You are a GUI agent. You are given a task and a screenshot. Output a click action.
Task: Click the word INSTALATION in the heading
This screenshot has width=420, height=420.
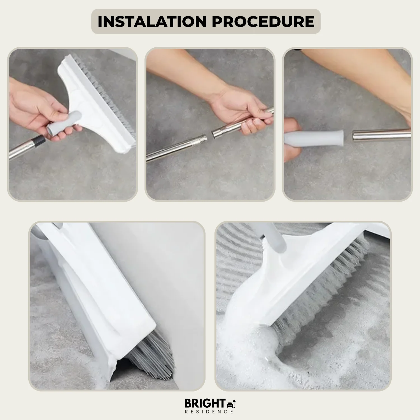(x=152, y=22)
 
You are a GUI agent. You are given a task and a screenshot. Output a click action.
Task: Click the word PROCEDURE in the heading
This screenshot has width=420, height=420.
(x=263, y=22)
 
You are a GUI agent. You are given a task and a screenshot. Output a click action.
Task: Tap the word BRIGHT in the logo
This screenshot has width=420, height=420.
(x=205, y=403)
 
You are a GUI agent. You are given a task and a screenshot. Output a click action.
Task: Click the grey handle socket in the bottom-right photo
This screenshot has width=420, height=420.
(x=273, y=238)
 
